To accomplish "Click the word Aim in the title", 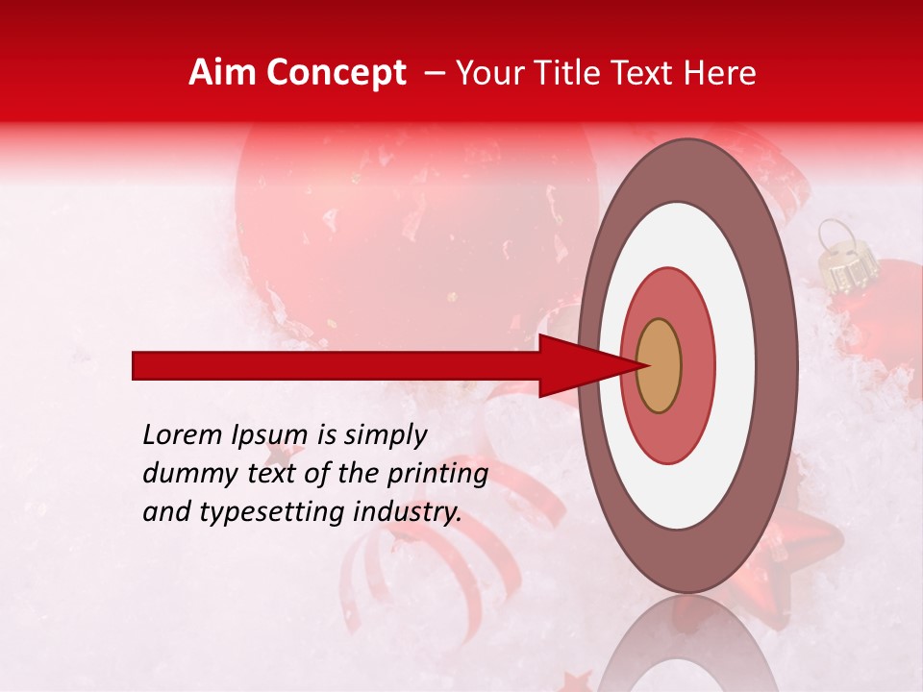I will tap(222, 73).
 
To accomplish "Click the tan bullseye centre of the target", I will tap(659, 365).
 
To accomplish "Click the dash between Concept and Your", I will tap(434, 74).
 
